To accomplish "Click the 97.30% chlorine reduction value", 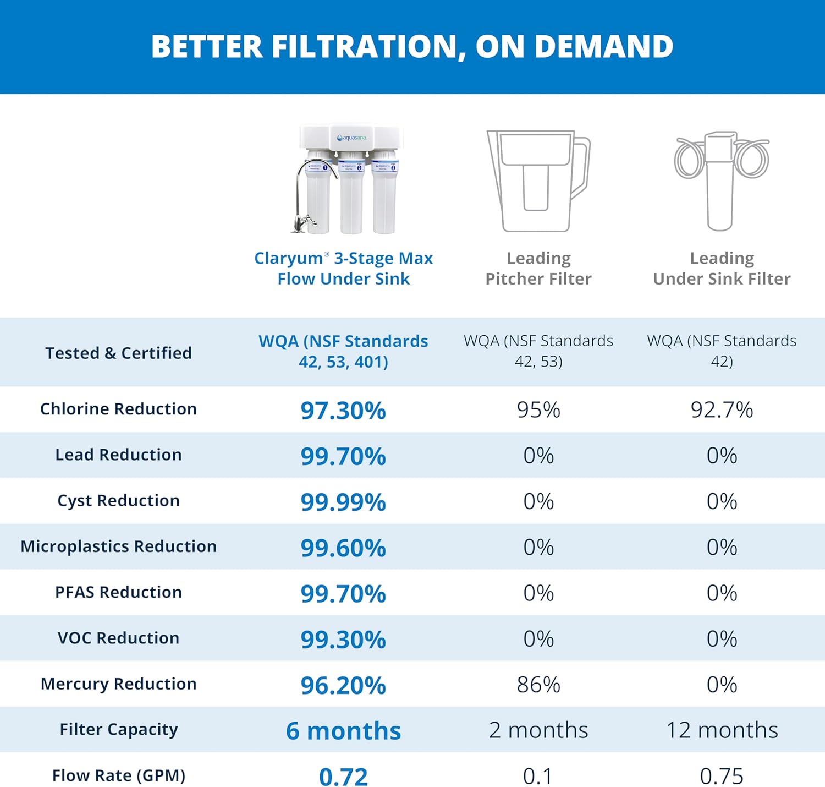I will (343, 411).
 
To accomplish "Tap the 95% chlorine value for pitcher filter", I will (538, 410).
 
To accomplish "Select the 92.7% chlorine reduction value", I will (722, 410).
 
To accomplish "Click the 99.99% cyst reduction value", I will (343, 502).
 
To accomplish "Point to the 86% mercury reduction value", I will (538, 685).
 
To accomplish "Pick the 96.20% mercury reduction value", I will (343, 685).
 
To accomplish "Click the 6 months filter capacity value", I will (343, 731).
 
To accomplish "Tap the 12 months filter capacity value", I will (722, 730).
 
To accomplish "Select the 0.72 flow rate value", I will (343, 777).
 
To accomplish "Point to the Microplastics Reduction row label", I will (118, 546).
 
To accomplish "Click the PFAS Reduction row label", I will (118, 592).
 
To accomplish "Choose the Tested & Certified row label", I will (118, 353).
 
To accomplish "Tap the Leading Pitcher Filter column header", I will (538, 268).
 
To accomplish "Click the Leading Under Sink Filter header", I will (722, 268).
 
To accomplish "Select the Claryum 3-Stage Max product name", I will (343, 268).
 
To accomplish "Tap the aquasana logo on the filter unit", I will (352, 138).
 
